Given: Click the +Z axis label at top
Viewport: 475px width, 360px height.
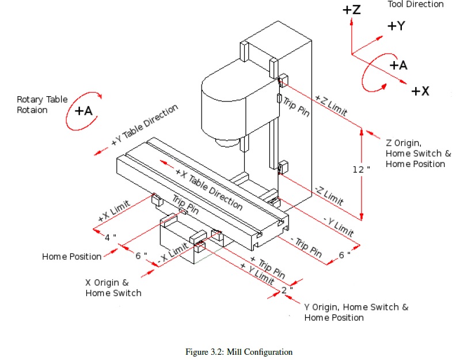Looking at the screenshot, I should pos(351,10).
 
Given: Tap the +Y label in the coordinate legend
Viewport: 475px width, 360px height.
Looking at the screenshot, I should pos(396,26).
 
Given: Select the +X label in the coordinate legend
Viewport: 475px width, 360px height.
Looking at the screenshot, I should pos(420,91).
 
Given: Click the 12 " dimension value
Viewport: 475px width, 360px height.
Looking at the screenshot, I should pos(361,169).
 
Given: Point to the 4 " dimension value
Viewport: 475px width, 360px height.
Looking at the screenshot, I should pos(111,237).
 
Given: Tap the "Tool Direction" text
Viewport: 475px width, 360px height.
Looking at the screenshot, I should pos(416,5).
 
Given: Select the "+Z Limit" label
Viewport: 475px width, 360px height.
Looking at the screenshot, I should pos(331,106).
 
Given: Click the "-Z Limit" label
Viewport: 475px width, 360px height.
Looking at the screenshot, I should pos(329,196).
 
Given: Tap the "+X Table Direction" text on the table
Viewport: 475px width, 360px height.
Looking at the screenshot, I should pos(209,190).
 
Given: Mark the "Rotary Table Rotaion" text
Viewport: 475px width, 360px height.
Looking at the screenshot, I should pos(42,105).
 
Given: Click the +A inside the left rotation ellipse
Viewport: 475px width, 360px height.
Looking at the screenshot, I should pos(83,111).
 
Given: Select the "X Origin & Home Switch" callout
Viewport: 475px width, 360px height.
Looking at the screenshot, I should pos(113,288).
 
